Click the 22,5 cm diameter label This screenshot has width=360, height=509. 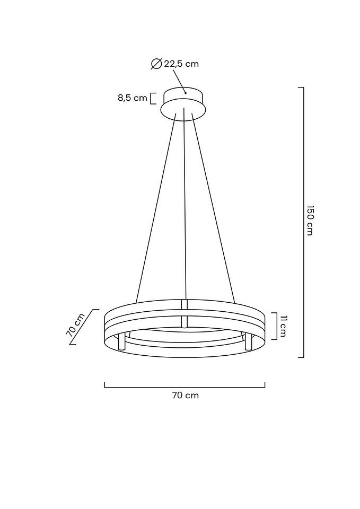click(x=181, y=64)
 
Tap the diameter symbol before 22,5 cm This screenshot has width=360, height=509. click(x=156, y=64)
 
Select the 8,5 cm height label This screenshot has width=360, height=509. click(x=132, y=98)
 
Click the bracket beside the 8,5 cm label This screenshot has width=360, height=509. click(x=153, y=98)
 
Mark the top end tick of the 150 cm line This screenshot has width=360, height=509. click(x=301, y=87)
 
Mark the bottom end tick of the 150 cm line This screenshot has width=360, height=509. click(x=301, y=357)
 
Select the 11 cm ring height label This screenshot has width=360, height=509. click(x=283, y=326)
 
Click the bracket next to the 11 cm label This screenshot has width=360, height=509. click(x=274, y=326)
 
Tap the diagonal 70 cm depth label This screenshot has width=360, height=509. click(x=76, y=324)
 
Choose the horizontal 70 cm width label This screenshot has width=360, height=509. click(x=185, y=395)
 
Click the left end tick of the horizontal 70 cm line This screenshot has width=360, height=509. click(x=104, y=385)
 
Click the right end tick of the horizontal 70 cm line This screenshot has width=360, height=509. click(x=265, y=385)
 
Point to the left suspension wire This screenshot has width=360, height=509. click(x=156, y=207)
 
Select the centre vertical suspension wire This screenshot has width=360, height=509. click(x=185, y=207)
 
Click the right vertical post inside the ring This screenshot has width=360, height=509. click(x=247, y=341)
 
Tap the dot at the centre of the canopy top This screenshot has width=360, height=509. click(x=186, y=93)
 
